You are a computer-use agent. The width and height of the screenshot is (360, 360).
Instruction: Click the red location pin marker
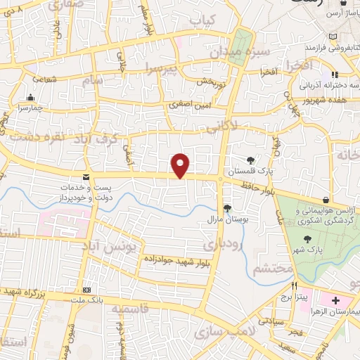click(181, 165)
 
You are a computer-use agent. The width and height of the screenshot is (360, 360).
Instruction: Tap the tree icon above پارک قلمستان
click(251, 160)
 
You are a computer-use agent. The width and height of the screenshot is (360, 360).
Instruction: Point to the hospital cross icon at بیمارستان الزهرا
click(335, 300)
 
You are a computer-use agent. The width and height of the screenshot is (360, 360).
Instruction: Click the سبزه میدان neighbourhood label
click(238, 53)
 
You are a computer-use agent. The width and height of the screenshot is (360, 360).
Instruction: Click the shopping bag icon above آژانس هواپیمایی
click(325, 200)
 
